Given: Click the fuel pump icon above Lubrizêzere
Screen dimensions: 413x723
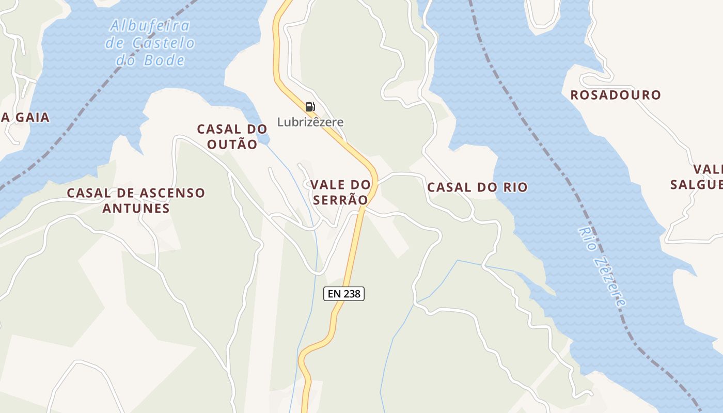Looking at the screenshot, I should click(310, 107).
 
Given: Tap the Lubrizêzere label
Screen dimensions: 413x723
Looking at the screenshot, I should click(310, 122).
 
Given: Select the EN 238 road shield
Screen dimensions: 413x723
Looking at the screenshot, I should click(344, 294).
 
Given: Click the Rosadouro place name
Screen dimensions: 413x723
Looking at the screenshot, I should click(616, 95).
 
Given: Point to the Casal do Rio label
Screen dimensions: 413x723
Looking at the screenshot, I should click(477, 187).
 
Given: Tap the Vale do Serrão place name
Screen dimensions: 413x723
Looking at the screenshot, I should click(340, 192).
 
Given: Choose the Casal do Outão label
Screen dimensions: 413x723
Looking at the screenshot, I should click(232, 137).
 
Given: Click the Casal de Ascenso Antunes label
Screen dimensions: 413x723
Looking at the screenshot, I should click(136, 200).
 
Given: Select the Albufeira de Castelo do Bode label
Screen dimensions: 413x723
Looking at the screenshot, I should click(150, 43).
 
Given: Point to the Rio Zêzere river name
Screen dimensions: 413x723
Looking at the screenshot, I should click(602, 266).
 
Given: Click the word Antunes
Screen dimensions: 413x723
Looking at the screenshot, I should click(136, 209).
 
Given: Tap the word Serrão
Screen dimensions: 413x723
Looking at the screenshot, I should click(340, 200).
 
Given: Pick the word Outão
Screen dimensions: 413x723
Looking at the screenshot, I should click(232, 145).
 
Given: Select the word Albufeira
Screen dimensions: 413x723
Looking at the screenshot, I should click(150, 26).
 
